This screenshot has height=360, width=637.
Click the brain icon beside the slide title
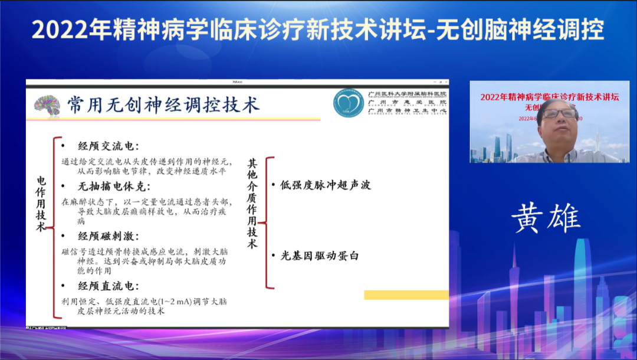click(x=47, y=105)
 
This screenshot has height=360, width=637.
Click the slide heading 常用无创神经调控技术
click(x=163, y=105)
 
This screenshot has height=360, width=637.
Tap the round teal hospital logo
click(x=348, y=103)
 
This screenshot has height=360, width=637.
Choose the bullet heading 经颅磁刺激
click(x=109, y=236)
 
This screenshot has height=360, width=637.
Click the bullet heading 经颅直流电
click(x=109, y=286)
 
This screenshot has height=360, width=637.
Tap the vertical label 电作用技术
click(x=41, y=203)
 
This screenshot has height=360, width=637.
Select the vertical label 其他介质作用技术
click(x=252, y=203)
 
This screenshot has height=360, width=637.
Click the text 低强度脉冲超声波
click(x=326, y=185)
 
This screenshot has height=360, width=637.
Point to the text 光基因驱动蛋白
click(x=320, y=256)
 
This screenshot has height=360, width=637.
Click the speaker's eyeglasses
click(x=558, y=113)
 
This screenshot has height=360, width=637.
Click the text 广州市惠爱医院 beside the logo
click(x=407, y=102)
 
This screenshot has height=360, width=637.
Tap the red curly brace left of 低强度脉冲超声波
click(x=267, y=222)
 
